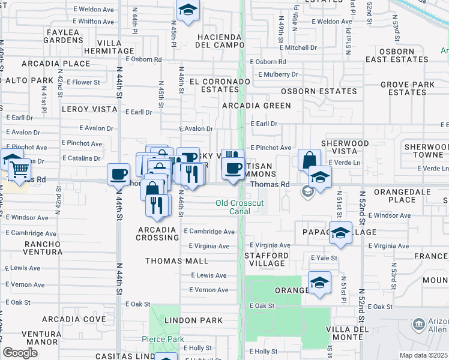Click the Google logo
point(20,352)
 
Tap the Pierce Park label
point(163,340)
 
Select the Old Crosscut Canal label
point(240,207)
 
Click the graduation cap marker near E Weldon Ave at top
point(188,10)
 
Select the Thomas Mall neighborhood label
point(177,261)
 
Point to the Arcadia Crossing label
point(158,233)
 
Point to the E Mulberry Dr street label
point(278,74)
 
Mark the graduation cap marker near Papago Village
point(340,234)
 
